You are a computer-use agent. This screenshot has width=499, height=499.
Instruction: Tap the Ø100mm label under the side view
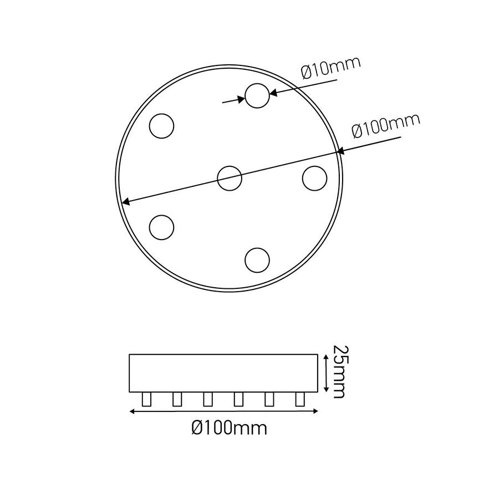pyautogui.click(x=228, y=428)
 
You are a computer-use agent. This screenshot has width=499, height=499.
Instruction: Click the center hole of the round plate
pyautogui.click(x=230, y=178)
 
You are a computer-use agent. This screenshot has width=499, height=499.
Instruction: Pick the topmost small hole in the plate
pyautogui.click(x=257, y=95)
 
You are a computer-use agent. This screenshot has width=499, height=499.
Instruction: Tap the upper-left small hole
pyautogui.click(x=162, y=125)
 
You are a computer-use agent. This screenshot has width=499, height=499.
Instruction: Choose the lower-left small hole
pyautogui.click(x=162, y=227)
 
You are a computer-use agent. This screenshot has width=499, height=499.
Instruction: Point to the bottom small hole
pyautogui.click(x=257, y=259)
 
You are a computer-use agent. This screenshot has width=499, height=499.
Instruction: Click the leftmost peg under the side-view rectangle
pyautogui.click(x=147, y=399)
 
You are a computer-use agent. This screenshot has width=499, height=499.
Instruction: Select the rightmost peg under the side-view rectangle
pyautogui.click(x=300, y=399)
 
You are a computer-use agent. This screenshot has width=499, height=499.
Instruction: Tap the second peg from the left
pyautogui.click(x=177, y=399)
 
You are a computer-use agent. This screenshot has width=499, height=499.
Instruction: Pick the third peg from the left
pyautogui.click(x=208, y=399)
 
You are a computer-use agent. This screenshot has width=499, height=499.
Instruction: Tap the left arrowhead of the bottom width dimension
pyautogui.click(x=132, y=411)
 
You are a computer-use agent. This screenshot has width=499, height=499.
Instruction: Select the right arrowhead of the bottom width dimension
pyautogui.click(x=315, y=411)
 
